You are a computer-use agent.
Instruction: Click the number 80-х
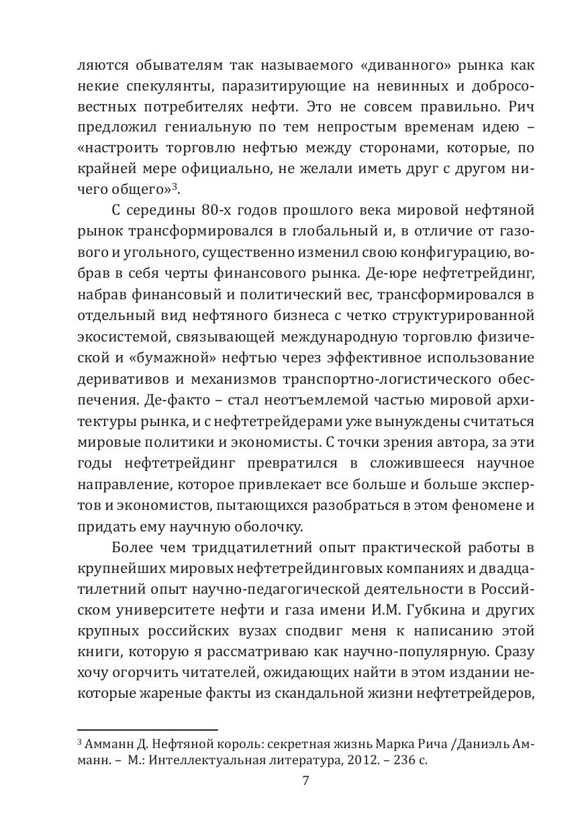point(217,210)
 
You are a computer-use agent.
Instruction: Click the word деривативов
point(124,377)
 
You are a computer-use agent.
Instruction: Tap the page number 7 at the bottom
point(305,781)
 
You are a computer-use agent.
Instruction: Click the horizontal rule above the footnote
point(148,729)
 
